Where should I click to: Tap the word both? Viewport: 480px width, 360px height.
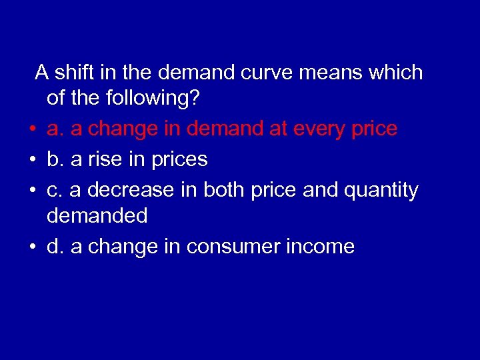click(225, 191)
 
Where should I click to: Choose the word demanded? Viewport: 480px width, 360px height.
click(97, 216)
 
